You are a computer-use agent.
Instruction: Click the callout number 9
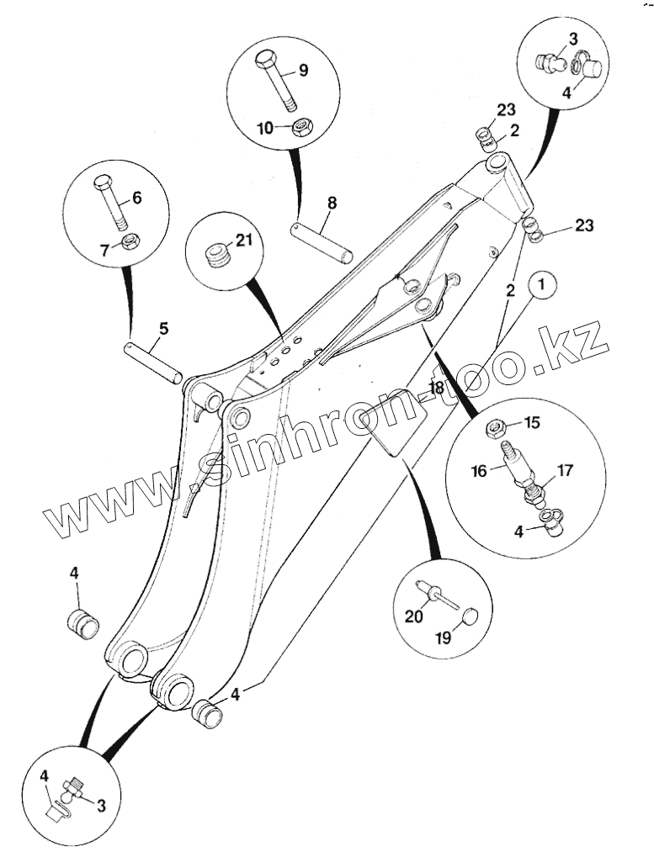click(303, 71)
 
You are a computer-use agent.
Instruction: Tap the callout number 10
click(265, 128)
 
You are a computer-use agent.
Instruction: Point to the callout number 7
click(105, 250)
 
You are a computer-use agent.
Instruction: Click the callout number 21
click(244, 241)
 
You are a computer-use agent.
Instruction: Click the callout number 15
click(533, 421)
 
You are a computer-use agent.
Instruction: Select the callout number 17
click(564, 470)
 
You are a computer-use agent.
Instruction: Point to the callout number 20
click(413, 616)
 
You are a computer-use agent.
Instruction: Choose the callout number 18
click(436, 388)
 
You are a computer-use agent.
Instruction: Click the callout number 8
click(332, 203)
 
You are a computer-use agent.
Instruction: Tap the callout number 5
click(163, 327)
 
